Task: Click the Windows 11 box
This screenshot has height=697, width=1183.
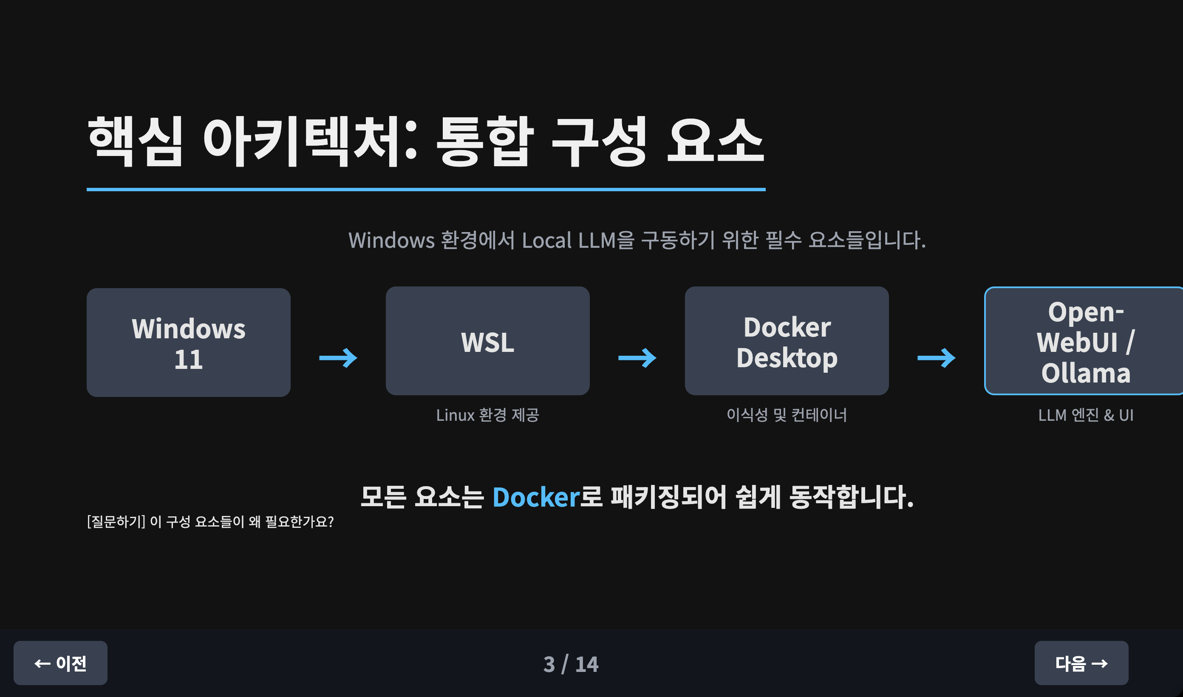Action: [x=188, y=343]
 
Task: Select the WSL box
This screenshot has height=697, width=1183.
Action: [x=487, y=341]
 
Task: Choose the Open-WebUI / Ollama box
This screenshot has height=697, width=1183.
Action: [x=1084, y=341]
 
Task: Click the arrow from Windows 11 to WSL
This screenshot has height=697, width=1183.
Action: [x=338, y=358]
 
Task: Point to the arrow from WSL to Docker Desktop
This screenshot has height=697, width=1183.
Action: [x=637, y=358]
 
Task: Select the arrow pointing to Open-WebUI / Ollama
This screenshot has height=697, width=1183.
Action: [x=936, y=358]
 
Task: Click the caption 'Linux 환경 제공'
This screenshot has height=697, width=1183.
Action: [x=487, y=415]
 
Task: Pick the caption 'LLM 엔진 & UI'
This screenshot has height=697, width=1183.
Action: [x=1085, y=415]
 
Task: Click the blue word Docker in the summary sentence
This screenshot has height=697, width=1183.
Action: [x=536, y=497]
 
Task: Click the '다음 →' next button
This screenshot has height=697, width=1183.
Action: [x=1081, y=663]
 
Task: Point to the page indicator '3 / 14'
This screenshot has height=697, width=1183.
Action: [x=571, y=664]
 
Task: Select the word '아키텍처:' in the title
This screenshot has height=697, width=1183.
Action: [x=310, y=141]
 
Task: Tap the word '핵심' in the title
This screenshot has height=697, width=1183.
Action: [x=135, y=141]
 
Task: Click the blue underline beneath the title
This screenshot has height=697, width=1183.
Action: [x=426, y=190]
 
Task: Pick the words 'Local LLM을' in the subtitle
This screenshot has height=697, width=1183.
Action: [x=578, y=241]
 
